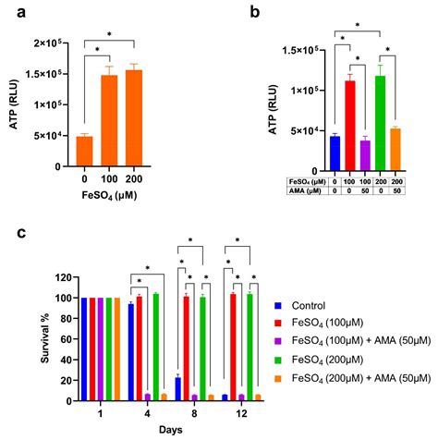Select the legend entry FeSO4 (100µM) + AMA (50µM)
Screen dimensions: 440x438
tap(359, 341)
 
